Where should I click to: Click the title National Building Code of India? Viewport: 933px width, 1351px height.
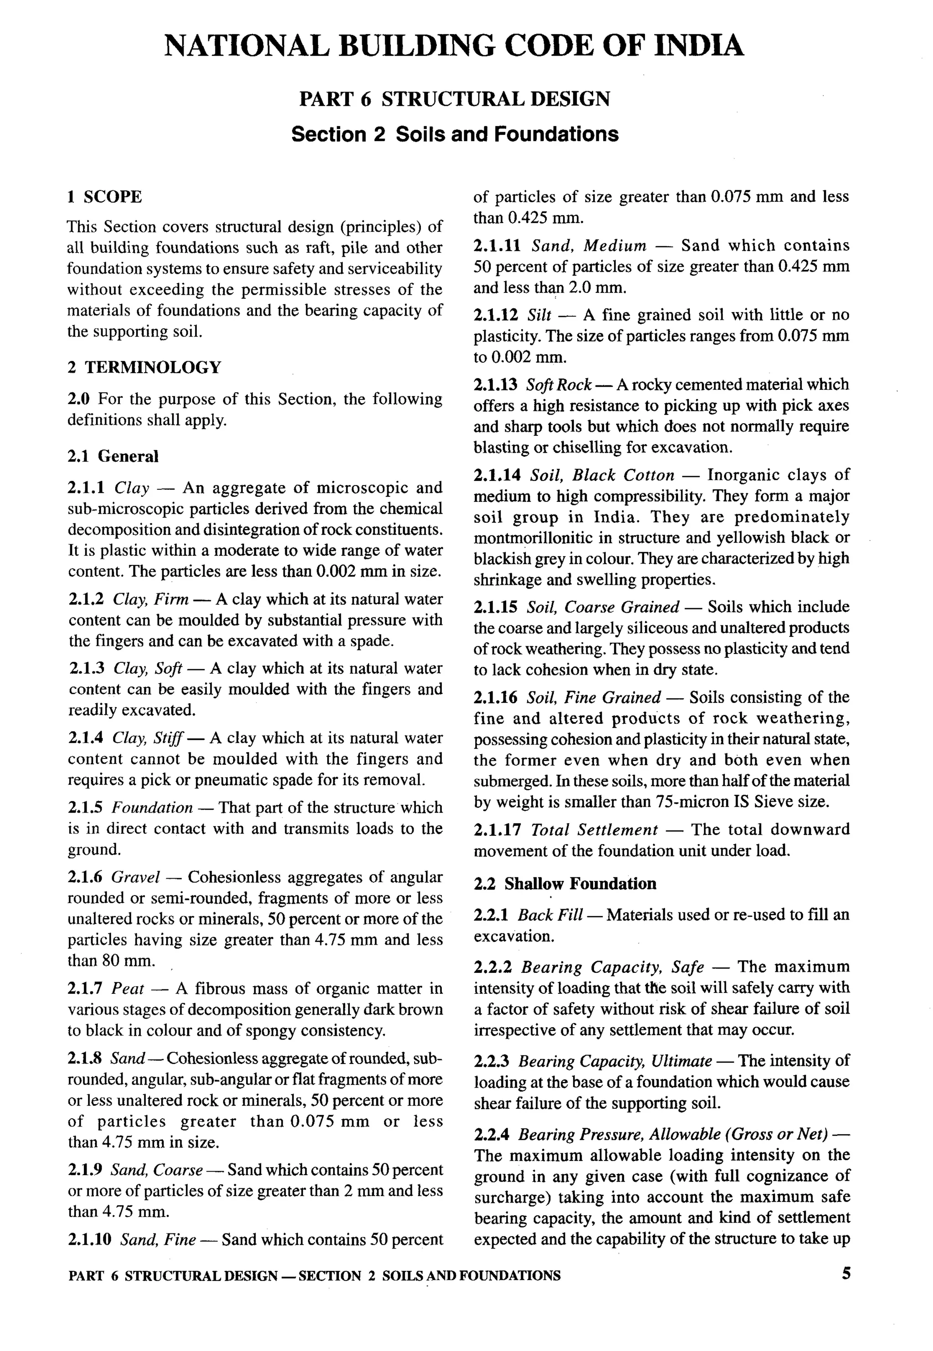pyautogui.click(x=454, y=46)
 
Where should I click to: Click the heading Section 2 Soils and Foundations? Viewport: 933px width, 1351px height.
pyautogui.click(x=454, y=134)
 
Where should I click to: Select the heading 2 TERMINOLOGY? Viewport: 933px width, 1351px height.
pyautogui.click(x=144, y=368)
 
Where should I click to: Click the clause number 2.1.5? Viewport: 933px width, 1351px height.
pyautogui.click(x=85, y=808)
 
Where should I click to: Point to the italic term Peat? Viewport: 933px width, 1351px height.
pyautogui.click(x=128, y=989)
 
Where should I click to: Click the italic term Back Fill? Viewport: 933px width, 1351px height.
pyautogui.click(x=549, y=915)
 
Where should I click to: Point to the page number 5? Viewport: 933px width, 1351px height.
pyautogui.click(x=846, y=1274)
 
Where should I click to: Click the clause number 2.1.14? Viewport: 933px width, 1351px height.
pyautogui.click(x=496, y=475)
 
